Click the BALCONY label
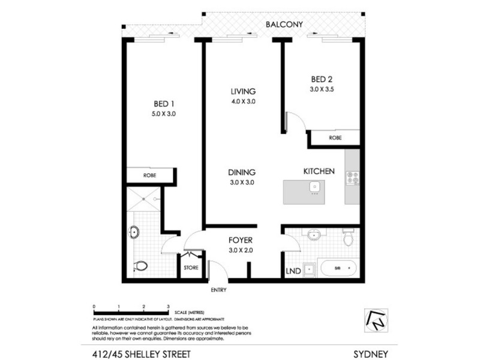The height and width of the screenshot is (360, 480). tap(284, 25)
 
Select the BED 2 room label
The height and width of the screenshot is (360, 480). tap(321, 79)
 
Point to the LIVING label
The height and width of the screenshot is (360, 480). tap(243, 91)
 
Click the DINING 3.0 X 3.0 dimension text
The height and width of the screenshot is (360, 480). tap(242, 182)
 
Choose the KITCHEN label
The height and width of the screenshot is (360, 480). tap(318, 172)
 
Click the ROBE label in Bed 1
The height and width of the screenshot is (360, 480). tap(150, 176)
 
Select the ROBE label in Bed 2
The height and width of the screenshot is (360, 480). tap(335, 138)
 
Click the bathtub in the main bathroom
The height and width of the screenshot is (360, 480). tap(339, 268)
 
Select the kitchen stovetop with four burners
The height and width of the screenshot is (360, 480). tap(352, 178)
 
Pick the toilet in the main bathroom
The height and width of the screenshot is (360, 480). tap(347, 239)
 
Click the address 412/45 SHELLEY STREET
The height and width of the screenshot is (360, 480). tap(131, 353)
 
